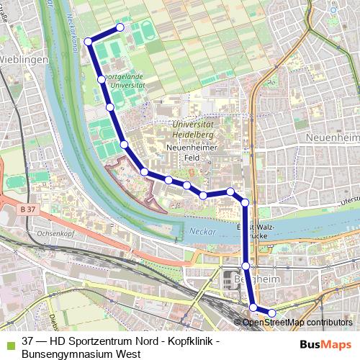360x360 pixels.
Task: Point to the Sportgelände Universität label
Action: (124, 80)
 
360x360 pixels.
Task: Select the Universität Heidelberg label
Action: (197, 130)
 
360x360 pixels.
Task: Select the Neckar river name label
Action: (203, 231)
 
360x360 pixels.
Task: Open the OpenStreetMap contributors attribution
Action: (297, 323)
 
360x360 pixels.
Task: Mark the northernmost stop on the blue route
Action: (120, 27)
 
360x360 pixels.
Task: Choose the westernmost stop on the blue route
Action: (88, 41)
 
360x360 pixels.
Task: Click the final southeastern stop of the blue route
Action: (271, 312)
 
